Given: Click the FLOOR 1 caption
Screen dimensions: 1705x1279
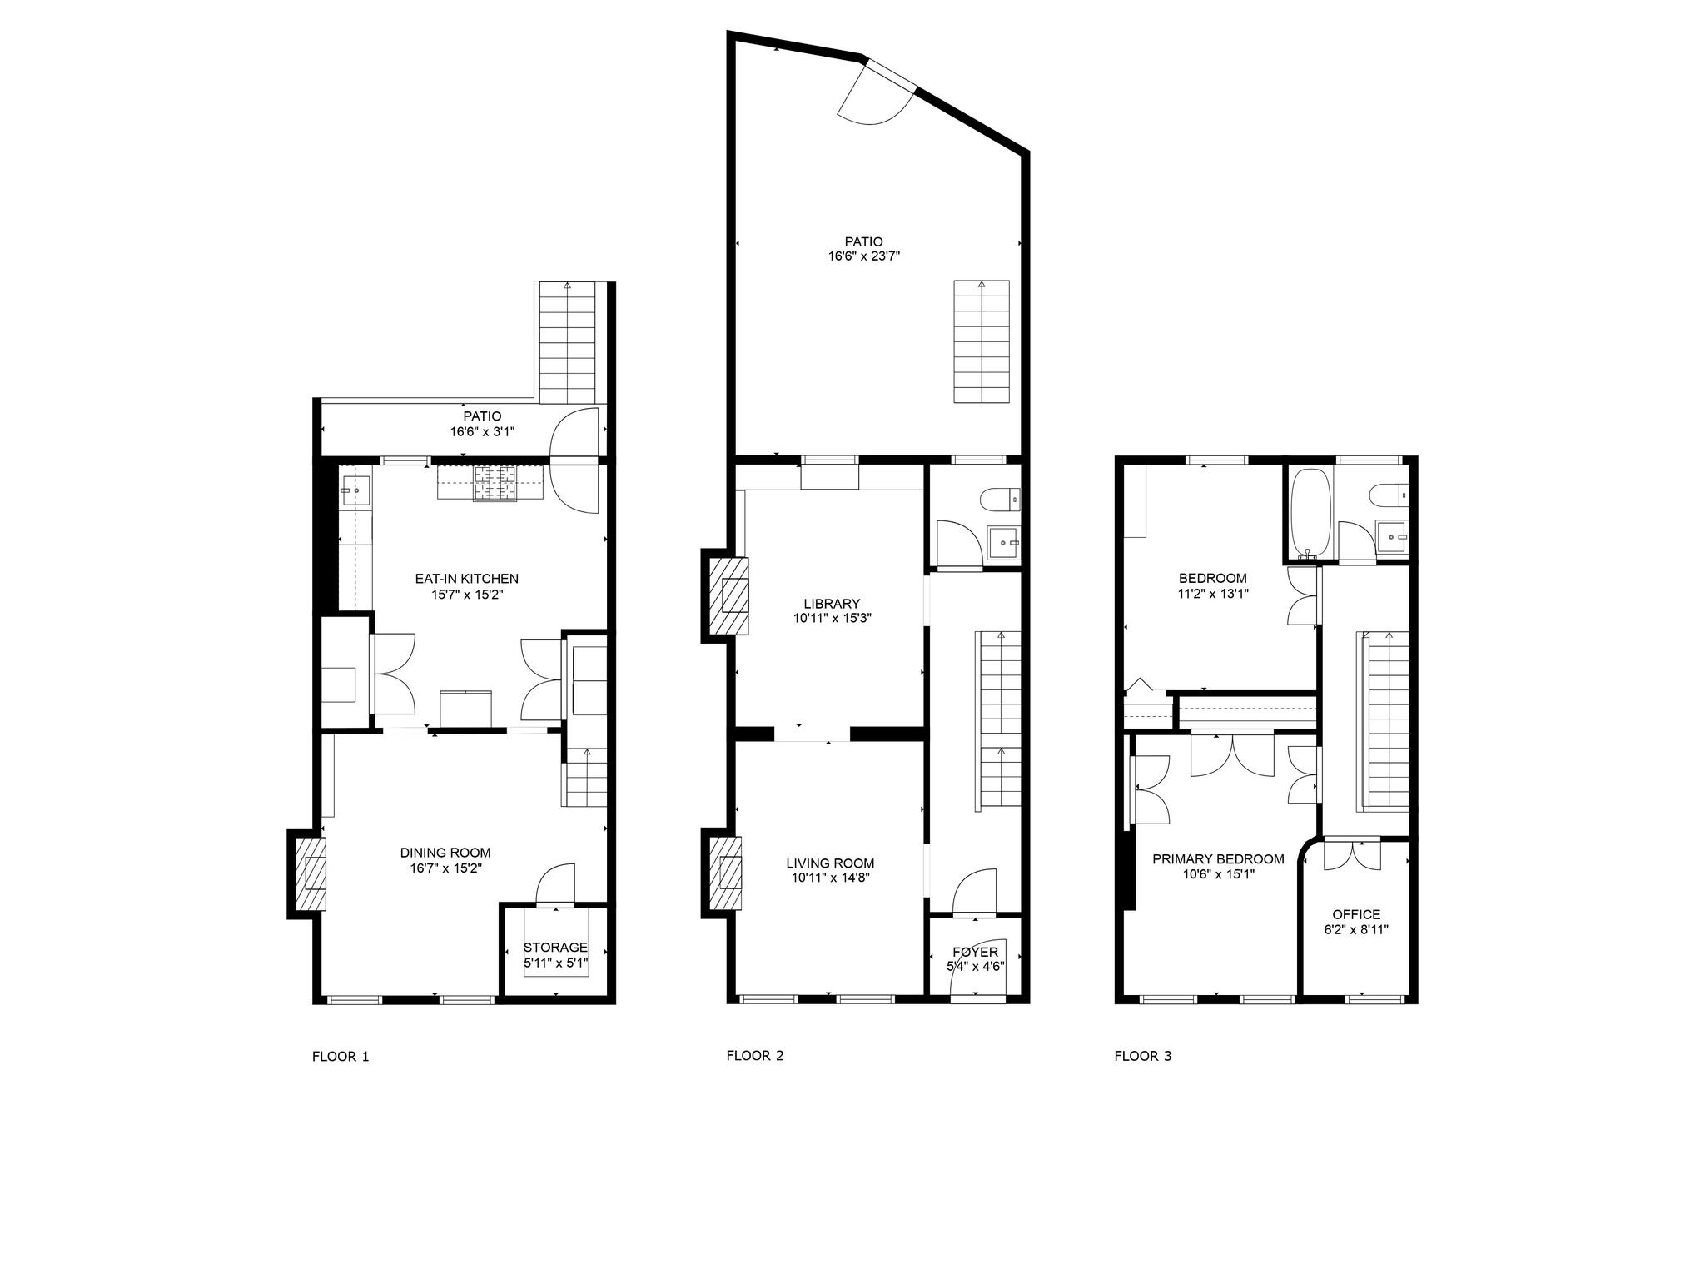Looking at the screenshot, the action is (340, 1057).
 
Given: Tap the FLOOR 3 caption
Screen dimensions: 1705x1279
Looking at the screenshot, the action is (1142, 1056).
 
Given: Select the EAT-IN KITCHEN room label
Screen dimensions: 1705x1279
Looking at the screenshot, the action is (466, 579).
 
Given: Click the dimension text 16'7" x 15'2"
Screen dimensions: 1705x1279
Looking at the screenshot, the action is (445, 868).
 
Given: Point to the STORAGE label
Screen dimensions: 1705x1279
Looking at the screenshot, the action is (555, 948).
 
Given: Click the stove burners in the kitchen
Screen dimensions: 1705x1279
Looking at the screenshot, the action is (495, 483).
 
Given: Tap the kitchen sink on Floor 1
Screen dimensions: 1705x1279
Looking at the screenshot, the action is (356, 491).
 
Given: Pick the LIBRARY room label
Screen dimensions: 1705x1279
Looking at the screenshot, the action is (832, 604).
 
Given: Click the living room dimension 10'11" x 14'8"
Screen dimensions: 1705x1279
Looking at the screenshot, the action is (830, 877).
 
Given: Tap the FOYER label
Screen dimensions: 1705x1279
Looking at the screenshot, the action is (975, 952).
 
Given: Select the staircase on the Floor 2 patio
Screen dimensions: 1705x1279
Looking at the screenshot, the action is (982, 342).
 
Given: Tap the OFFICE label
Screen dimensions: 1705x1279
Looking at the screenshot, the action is (1356, 914).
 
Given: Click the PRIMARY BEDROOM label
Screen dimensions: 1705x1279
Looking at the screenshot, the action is (1218, 859).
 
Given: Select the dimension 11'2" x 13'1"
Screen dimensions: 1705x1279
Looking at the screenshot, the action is (1212, 594).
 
